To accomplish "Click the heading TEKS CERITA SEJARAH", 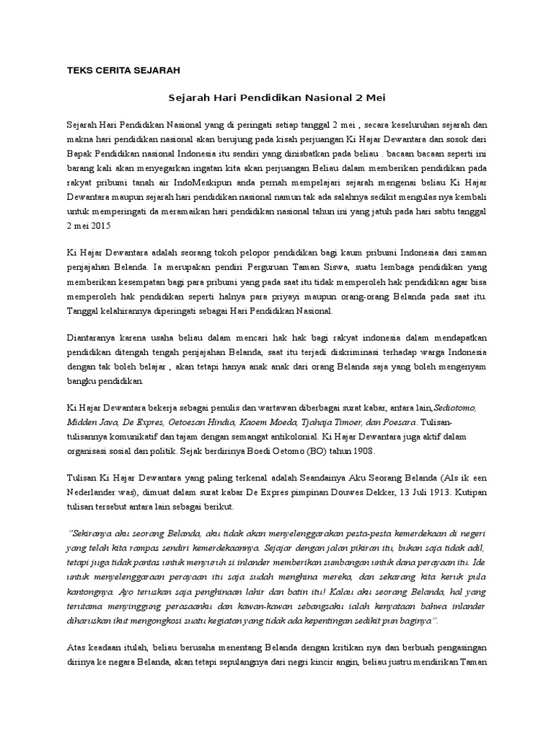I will point(123,70).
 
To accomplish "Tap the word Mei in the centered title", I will point(376,96).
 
